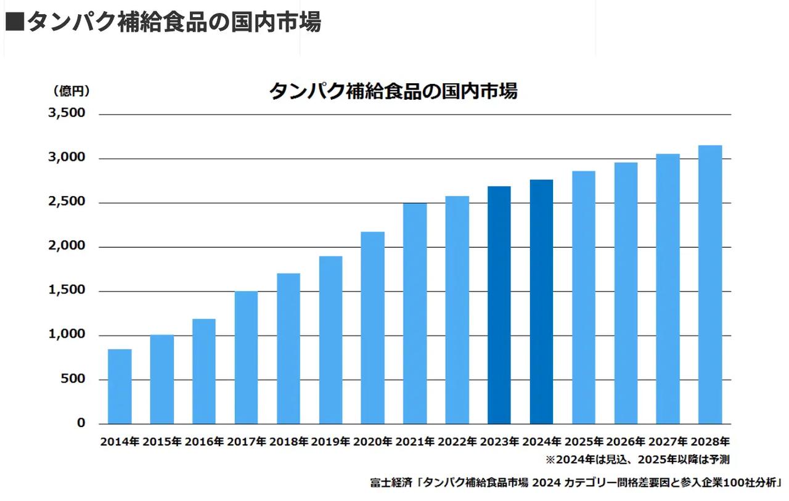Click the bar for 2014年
pyautogui.click(x=120, y=386)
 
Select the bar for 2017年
pyautogui.click(x=246, y=357)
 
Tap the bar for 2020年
pyautogui.click(x=372, y=328)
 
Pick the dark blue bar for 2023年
pyautogui.click(x=499, y=305)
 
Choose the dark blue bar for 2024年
pyautogui.click(x=541, y=302)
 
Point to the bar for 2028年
pyautogui.click(x=709, y=285)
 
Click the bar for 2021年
pyautogui.click(x=415, y=313)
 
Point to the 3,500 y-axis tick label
pyautogui.click(x=65, y=114)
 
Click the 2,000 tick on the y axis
pyautogui.click(x=65, y=246)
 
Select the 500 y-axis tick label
pyautogui.click(x=73, y=379)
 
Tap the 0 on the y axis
pyautogui.click(x=81, y=423)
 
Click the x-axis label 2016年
pyautogui.click(x=204, y=442)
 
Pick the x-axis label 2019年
pyautogui.click(x=330, y=442)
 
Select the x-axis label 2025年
pyautogui.click(x=583, y=442)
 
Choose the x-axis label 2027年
pyautogui.click(x=668, y=442)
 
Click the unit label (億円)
pyautogui.click(x=71, y=91)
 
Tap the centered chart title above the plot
pyautogui.click(x=393, y=91)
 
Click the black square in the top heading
pyautogui.click(x=14, y=22)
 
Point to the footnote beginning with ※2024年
pyautogui.click(x=637, y=460)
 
